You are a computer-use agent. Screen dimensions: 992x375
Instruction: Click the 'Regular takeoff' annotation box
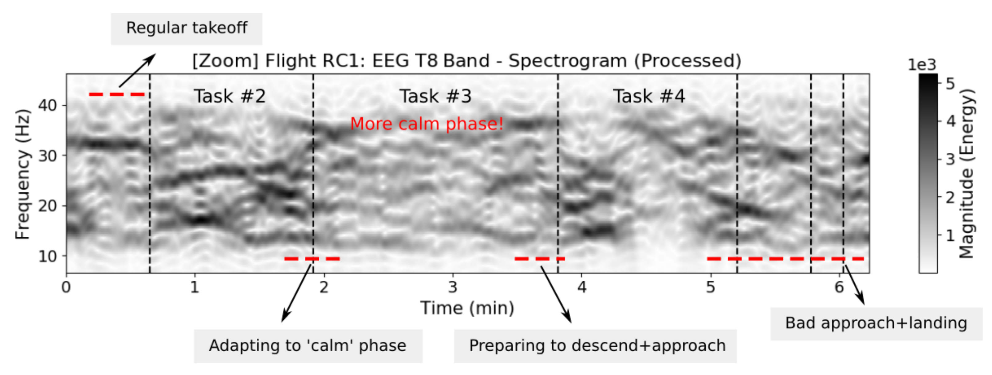[187, 29]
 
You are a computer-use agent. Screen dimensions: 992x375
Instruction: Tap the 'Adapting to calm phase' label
[308, 346]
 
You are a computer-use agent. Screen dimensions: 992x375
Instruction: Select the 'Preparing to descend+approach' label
[595, 346]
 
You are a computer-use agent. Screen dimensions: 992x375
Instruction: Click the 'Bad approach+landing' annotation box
[876, 323]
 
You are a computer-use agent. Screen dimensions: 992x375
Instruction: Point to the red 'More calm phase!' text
[427, 124]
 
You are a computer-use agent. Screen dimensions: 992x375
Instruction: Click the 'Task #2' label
[230, 96]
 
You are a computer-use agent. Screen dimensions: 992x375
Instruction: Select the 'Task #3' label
[435, 96]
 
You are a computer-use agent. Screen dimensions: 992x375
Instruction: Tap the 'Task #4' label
[649, 96]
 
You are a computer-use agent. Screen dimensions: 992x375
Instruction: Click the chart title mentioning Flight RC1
[467, 61]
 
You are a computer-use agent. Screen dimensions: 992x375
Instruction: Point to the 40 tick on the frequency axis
[47, 105]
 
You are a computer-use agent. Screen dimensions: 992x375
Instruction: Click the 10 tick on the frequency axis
[47, 256]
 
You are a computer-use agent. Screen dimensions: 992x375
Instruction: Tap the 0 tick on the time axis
[66, 287]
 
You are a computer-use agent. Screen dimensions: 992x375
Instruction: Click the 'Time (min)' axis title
[467, 308]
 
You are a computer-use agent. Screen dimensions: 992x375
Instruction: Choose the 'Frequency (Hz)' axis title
[22, 174]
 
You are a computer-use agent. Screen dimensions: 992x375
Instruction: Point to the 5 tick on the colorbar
[951, 84]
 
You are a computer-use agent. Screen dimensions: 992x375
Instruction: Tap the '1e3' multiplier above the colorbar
[922, 65]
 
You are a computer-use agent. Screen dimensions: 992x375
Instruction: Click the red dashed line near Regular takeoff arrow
[117, 94]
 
